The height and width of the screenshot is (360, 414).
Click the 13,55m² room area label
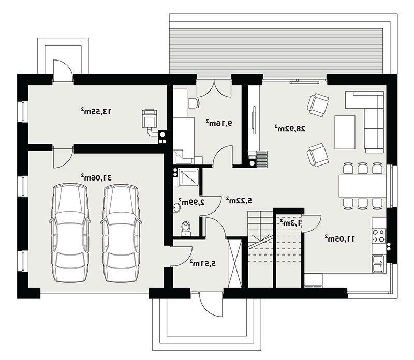[96, 111]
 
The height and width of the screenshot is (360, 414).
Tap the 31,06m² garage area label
[96, 177]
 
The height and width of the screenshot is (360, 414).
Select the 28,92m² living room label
[290, 128]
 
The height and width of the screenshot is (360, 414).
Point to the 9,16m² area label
[219, 123]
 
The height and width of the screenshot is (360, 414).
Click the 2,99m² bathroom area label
[191, 202]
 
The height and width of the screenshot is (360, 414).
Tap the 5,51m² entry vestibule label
[202, 263]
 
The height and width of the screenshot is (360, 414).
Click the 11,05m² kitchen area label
[340, 238]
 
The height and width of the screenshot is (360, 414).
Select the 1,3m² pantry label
[290, 223]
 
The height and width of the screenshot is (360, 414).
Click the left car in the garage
[70, 233]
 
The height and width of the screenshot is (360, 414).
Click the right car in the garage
[121, 233]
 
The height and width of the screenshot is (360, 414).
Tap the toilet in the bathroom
[186, 229]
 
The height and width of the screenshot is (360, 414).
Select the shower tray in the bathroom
[188, 177]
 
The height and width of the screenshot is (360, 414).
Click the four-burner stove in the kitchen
[379, 236]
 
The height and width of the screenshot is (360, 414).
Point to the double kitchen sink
[379, 264]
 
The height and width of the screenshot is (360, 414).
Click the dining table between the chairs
[363, 186]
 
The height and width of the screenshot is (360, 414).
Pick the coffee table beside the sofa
[345, 132]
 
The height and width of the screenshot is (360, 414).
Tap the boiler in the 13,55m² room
[149, 118]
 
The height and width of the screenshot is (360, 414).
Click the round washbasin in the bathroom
[177, 208]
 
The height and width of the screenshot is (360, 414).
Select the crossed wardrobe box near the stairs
[234, 263]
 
